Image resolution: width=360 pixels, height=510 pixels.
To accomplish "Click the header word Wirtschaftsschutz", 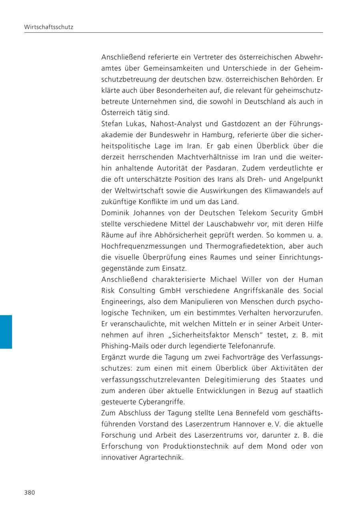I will coord(48,28).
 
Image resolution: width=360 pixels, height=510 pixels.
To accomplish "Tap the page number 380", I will coord(30,492).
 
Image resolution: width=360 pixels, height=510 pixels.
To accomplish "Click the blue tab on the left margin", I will coord(6,332).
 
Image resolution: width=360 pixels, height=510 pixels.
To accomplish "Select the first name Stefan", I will coord(112,124).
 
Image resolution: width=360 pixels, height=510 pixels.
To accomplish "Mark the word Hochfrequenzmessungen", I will coord(148,246).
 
